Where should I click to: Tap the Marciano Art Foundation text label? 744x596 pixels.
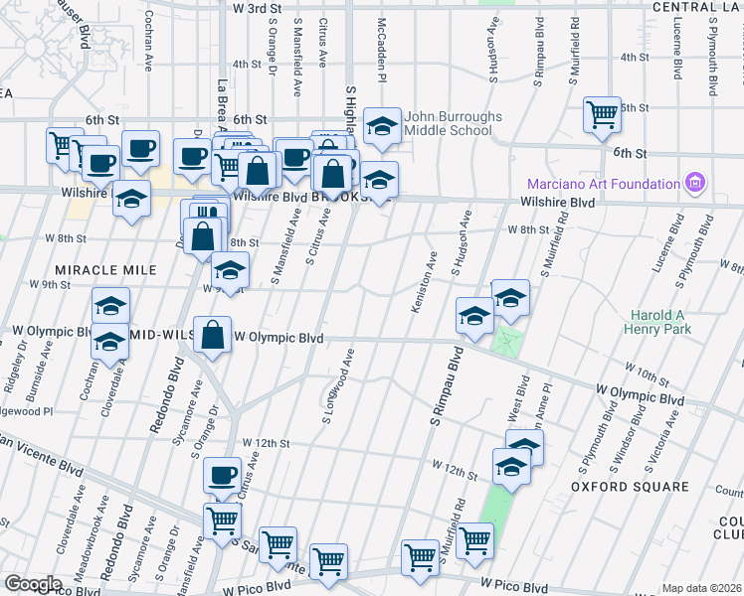click(602, 184)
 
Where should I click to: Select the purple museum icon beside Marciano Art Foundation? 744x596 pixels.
click(694, 183)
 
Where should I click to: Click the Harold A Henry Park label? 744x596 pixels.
click(658, 324)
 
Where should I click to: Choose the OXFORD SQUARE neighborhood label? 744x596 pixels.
click(630, 487)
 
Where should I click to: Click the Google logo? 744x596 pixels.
click(33, 584)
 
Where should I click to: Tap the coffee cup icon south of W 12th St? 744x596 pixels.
click(222, 474)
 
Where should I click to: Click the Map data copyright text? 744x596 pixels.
click(702, 588)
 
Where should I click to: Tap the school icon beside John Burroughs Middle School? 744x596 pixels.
click(381, 125)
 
